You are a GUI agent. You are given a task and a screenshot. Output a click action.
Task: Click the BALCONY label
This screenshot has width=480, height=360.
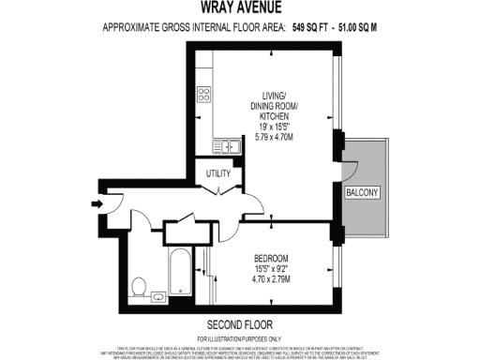coord(362,192)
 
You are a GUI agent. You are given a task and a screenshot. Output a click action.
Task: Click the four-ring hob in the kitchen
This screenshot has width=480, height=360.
coord(204,95)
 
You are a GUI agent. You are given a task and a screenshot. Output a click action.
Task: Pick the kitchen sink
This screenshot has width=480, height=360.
coord(226,145)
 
